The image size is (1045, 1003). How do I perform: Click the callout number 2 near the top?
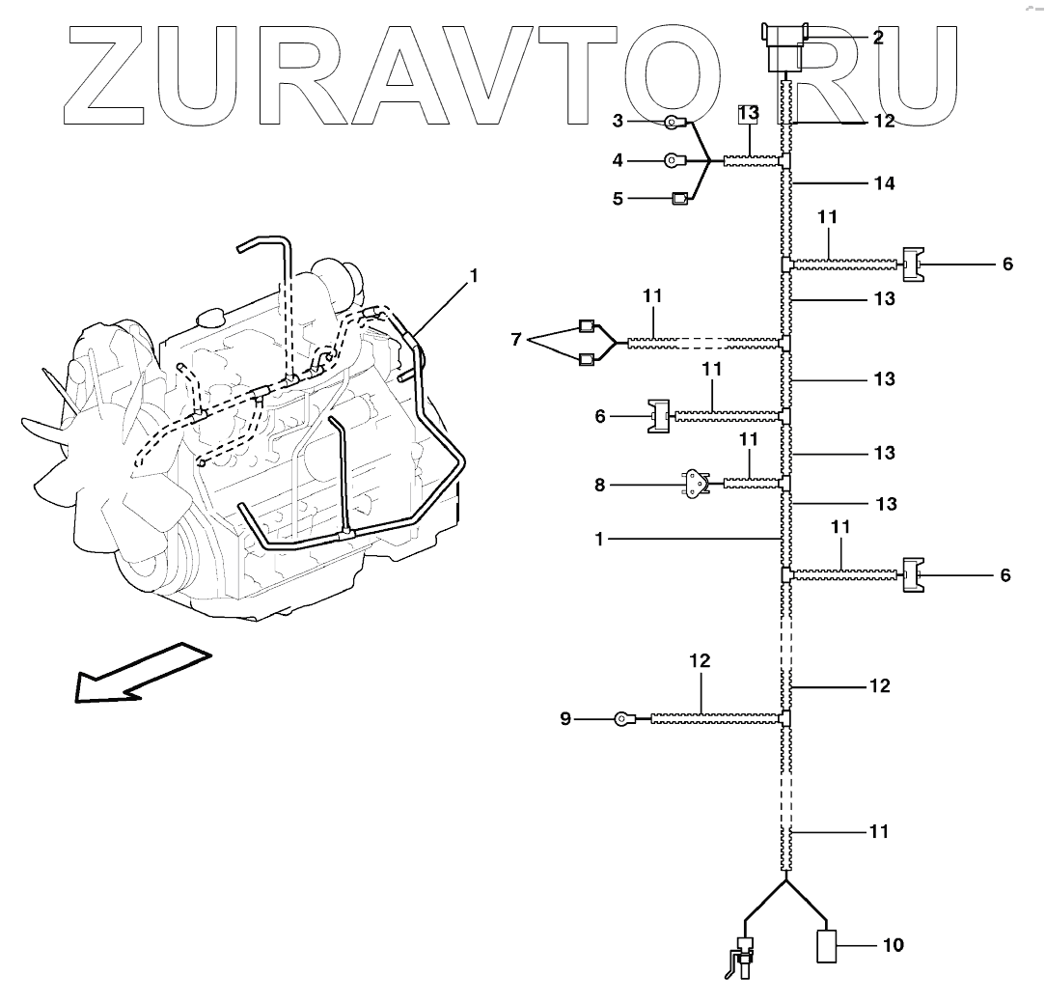click(878, 38)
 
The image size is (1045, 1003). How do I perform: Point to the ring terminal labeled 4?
click(676, 160)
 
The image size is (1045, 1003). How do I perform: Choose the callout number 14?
click(883, 182)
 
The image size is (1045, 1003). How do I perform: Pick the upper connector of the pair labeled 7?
click(587, 324)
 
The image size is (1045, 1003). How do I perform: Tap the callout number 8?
click(599, 485)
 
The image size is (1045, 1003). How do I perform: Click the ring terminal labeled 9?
click(624, 718)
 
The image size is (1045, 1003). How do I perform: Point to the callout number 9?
click(565, 718)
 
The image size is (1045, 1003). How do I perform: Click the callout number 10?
click(893, 945)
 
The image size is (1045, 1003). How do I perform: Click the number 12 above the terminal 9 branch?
click(700, 661)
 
